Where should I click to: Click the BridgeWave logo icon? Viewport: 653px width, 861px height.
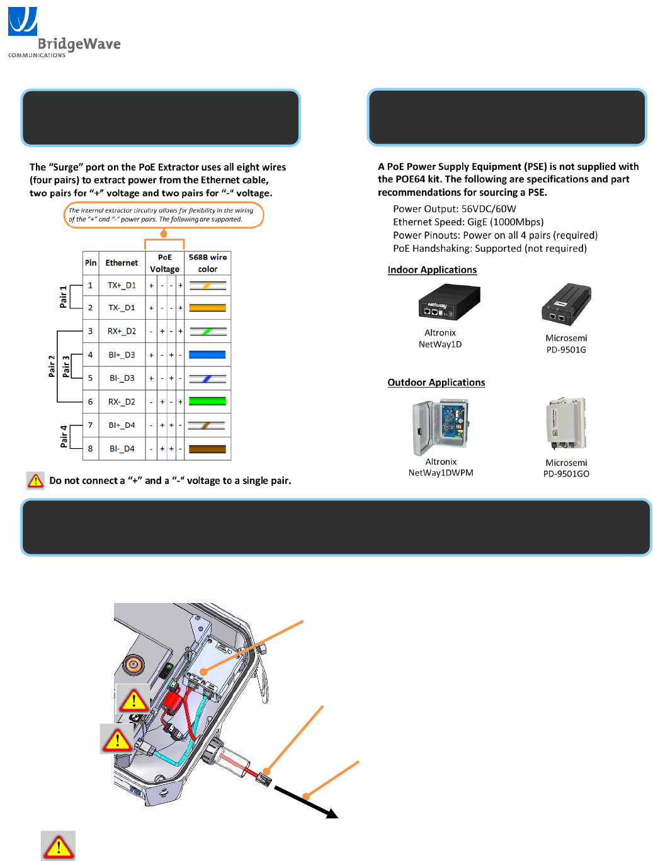click(x=23, y=21)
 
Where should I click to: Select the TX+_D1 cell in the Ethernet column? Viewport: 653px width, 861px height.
click(x=122, y=285)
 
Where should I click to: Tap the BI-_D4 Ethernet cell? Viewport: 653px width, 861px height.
click(x=122, y=449)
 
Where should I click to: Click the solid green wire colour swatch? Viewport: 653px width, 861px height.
click(x=207, y=402)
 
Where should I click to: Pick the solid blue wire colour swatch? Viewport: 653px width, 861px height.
click(x=207, y=355)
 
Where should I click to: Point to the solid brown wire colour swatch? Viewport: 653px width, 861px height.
click(x=207, y=449)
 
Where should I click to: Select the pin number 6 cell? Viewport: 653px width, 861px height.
click(x=90, y=402)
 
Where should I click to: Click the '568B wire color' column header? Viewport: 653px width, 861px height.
click(x=208, y=263)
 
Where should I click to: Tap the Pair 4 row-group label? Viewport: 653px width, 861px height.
click(x=64, y=436)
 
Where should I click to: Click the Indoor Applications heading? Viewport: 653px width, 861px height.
click(x=432, y=270)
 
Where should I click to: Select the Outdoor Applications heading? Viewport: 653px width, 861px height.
click(x=436, y=383)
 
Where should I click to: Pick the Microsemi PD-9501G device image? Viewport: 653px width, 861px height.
click(x=566, y=305)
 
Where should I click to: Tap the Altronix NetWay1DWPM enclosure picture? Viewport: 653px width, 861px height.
click(x=441, y=427)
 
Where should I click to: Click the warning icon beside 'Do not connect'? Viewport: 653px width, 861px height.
click(x=36, y=480)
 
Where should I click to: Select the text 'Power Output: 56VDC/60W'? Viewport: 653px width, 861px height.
click(x=454, y=209)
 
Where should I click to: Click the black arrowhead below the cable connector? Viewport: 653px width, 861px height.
click(x=331, y=814)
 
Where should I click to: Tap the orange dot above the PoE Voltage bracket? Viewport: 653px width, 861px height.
click(x=164, y=234)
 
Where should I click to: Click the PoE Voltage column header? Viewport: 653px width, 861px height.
click(x=164, y=263)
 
